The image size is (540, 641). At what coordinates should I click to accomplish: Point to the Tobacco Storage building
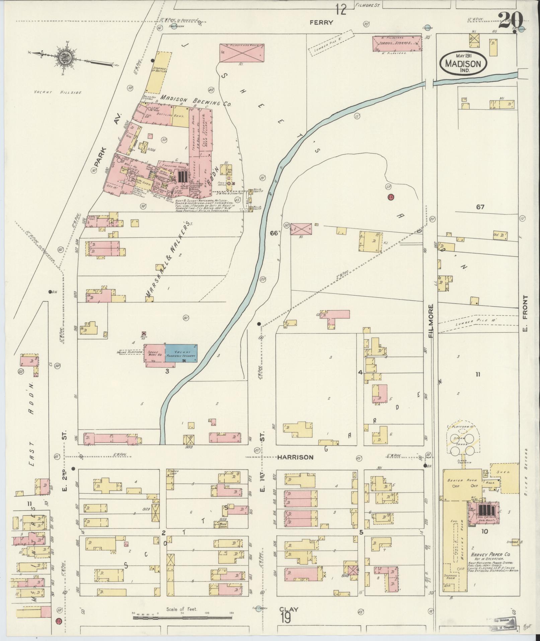397,44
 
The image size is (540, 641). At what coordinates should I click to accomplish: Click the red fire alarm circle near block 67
390,197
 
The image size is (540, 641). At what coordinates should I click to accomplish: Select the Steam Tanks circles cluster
462,444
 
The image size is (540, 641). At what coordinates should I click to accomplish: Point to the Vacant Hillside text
58,92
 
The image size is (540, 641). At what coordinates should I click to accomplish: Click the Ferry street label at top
321,22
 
